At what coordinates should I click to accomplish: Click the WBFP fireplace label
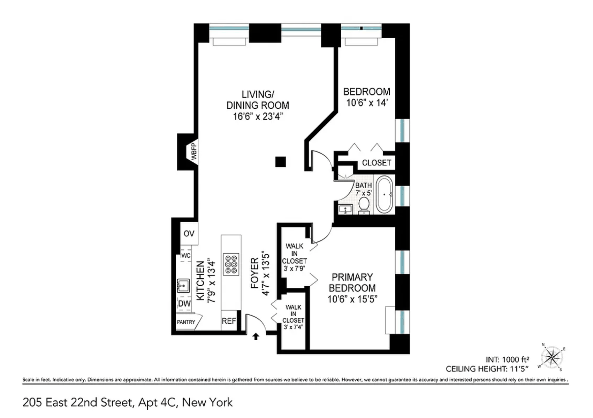coord(194,151)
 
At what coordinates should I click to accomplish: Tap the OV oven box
coord(189,234)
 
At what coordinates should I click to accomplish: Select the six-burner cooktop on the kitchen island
coord(231,264)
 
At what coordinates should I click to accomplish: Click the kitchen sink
coord(183,285)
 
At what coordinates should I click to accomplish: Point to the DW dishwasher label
coord(184,303)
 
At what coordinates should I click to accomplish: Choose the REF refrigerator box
coord(229,320)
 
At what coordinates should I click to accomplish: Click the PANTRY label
coord(186,322)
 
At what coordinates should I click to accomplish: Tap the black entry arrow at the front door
coord(256,336)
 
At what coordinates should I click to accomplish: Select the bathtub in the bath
coord(385,194)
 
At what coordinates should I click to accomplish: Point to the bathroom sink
coord(345,209)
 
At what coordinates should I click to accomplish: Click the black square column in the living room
coord(281,162)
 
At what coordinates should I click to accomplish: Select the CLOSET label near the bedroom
coord(377,163)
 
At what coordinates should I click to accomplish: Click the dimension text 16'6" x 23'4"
coord(258,116)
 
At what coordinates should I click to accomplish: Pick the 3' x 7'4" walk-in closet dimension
coord(293,327)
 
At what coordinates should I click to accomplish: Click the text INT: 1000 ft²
coord(508,359)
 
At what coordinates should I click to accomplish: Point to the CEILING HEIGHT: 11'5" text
coord(487,369)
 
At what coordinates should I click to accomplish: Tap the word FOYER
coord(255,273)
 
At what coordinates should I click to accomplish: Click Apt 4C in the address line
coord(157,402)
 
